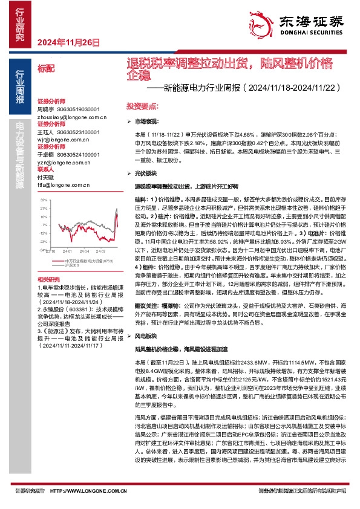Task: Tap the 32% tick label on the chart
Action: [x=43, y=199]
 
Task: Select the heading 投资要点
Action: [x=138, y=105]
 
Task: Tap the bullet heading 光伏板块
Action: [x=146, y=172]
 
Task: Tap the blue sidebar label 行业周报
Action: [x=20, y=88]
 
